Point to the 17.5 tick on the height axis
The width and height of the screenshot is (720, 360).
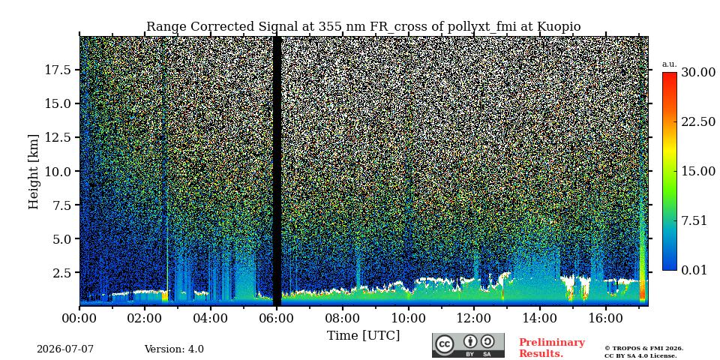click(58, 70)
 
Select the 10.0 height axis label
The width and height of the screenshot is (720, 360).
click(58, 171)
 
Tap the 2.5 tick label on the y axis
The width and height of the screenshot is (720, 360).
click(62, 273)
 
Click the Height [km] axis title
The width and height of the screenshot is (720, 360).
click(34, 171)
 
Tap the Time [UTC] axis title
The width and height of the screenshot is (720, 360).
click(363, 336)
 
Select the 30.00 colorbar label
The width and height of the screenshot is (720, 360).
click(698, 73)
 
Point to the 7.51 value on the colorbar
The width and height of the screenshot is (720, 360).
click(694, 220)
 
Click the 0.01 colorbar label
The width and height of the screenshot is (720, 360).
click(694, 270)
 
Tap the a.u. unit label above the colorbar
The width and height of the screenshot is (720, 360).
click(669, 64)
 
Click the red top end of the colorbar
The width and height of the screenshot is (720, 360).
click(670, 73)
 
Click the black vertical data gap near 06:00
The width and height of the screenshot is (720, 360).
click(277, 171)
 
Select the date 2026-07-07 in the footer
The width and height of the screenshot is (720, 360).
click(65, 349)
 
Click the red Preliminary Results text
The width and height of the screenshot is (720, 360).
click(552, 347)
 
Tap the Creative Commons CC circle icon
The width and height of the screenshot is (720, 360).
click(445, 344)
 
